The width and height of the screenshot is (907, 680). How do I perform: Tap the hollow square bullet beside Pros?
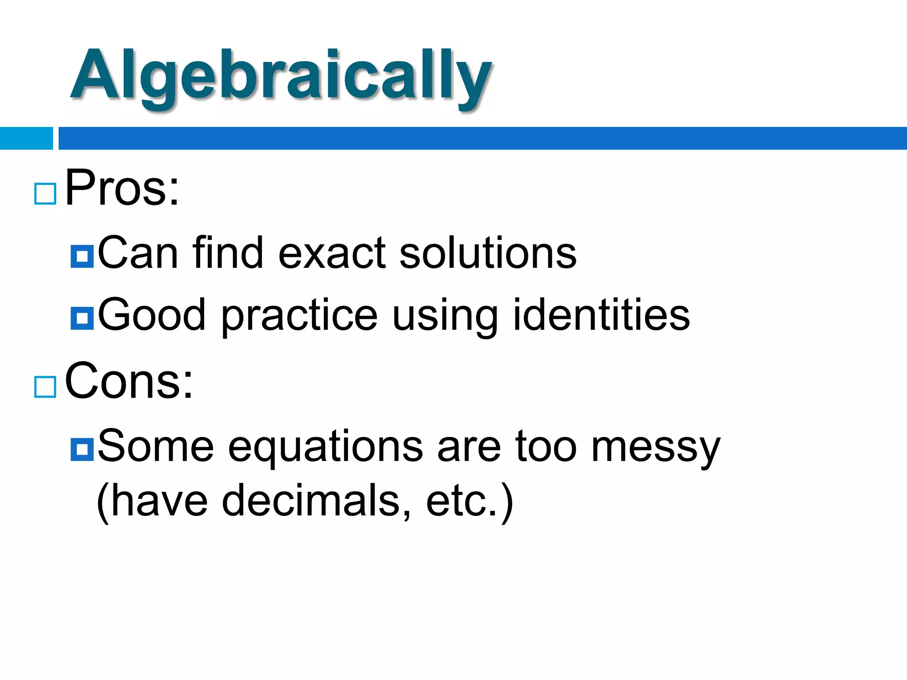point(45,194)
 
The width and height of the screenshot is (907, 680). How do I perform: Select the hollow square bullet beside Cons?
point(45,387)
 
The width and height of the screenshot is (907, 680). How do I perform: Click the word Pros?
point(122,189)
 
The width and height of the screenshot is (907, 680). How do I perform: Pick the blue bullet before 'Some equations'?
point(82,449)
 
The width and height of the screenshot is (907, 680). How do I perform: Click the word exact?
point(332,253)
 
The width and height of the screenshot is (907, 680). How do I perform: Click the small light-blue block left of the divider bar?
point(26,138)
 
